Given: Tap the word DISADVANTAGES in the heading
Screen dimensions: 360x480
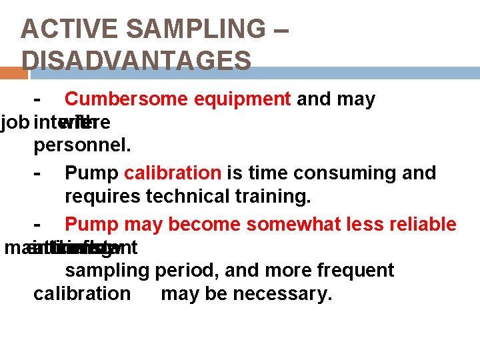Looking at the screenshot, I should [x=136, y=61].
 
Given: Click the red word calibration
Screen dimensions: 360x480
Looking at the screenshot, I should [x=173, y=173].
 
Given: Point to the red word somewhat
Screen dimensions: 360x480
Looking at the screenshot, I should [x=307, y=224].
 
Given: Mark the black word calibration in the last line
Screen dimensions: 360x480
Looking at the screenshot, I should [x=82, y=294].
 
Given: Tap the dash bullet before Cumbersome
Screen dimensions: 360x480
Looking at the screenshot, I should [x=38, y=100].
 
